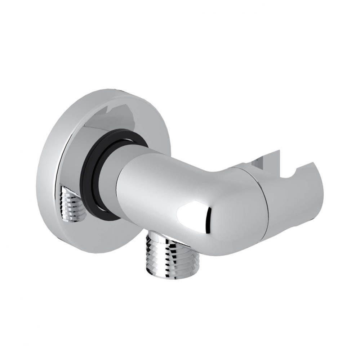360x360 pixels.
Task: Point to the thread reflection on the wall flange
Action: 72,204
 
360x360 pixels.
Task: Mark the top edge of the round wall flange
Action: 108,90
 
